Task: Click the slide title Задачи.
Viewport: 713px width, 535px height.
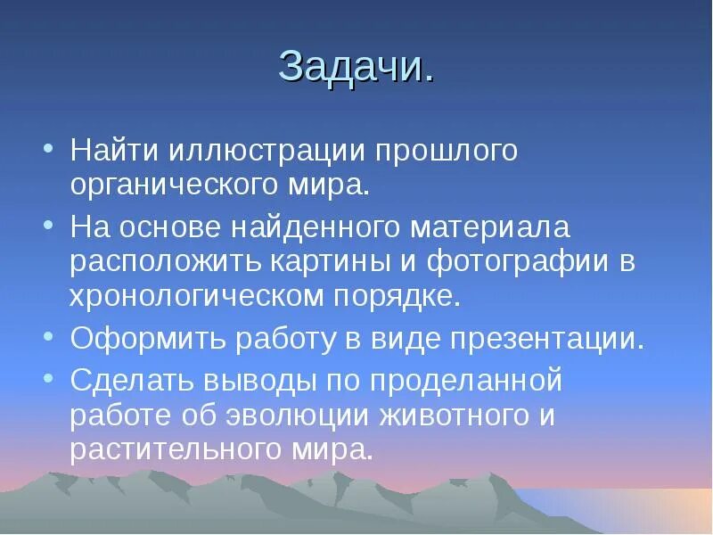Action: click(356, 67)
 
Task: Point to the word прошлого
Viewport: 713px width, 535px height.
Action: click(445, 150)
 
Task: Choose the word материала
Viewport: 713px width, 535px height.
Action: click(489, 226)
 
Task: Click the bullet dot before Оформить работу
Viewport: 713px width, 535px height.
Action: click(49, 338)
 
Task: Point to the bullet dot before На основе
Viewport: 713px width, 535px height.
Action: click(49, 226)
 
